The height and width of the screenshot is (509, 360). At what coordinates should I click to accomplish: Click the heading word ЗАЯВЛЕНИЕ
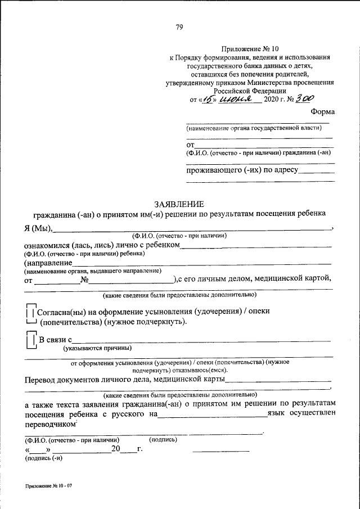[x=179, y=204]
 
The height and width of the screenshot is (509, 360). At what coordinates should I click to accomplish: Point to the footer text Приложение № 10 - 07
[x=48, y=485]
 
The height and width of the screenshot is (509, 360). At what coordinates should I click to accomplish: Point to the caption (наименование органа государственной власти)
[x=255, y=128]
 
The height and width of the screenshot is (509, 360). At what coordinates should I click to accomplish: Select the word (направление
[x=48, y=263]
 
